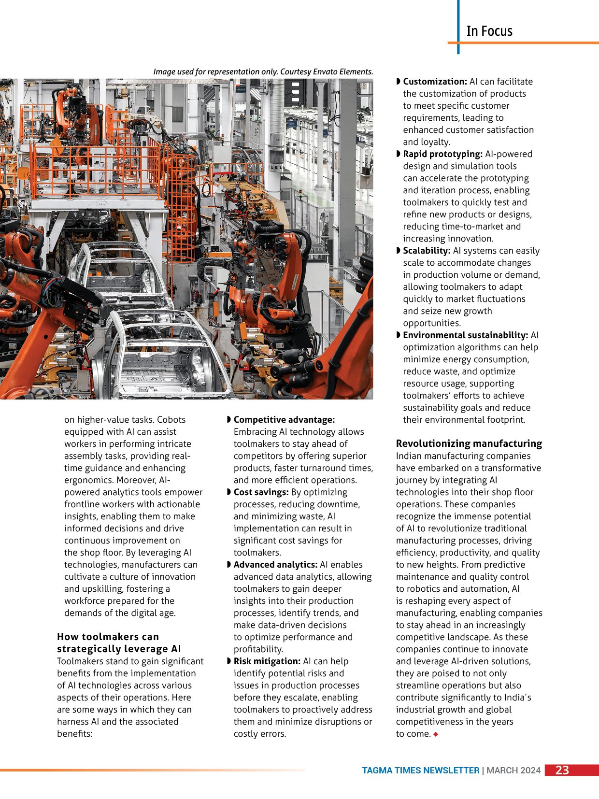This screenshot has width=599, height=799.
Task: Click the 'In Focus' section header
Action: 489,31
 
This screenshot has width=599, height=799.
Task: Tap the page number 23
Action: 562,770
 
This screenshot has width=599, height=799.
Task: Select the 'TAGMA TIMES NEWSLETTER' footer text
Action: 420,770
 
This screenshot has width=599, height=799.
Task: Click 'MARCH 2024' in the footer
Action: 513,770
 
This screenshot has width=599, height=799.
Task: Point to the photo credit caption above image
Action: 263,71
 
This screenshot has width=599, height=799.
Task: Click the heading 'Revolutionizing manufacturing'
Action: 469,443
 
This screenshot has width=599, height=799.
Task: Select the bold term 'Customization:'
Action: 435,82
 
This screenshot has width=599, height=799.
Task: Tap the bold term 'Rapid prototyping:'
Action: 442,154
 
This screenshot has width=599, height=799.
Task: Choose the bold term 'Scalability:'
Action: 427,251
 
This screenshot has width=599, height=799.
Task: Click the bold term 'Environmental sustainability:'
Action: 465,335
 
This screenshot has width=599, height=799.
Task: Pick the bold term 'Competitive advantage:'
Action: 284,420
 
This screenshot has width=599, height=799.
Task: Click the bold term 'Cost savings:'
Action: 261,492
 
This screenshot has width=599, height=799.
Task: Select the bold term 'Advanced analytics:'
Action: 275,565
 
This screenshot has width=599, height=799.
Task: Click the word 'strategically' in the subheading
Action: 88,649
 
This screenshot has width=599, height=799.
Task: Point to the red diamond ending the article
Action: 436,734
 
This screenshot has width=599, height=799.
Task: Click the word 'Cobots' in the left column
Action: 171,420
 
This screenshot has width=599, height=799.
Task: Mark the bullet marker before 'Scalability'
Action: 399,251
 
